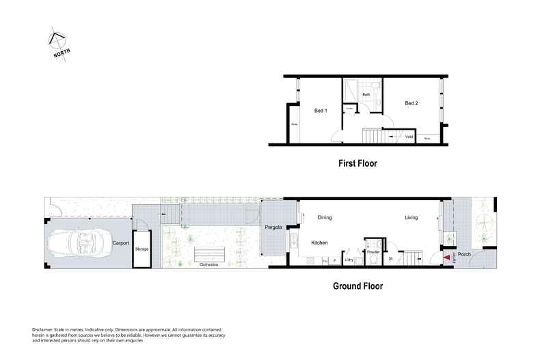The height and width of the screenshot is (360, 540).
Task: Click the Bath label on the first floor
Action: (x=366, y=95)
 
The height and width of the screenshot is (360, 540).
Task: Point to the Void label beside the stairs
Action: (x=409, y=136)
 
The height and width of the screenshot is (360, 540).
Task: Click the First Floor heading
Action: (x=357, y=163)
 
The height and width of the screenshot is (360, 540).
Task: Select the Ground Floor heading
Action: (x=359, y=287)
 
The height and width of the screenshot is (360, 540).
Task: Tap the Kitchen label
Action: (x=321, y=243)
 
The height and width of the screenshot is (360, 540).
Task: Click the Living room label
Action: (x=411, y=218)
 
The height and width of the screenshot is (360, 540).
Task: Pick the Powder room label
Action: (x=373, y=251)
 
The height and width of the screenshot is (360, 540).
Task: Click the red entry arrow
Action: (x=448, y=258)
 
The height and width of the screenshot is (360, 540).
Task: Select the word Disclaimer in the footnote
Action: (x=44, y=329)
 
